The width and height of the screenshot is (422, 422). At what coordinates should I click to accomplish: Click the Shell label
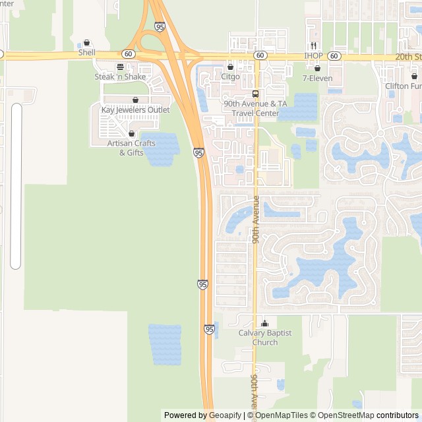pos(86,53)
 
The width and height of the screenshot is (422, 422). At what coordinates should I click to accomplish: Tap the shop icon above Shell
pos(86,43)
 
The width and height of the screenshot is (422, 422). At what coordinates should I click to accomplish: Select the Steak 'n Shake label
pos(120,77)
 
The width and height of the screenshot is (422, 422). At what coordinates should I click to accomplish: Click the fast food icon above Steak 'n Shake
pos(120,67)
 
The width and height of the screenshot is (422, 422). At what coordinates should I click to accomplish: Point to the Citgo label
pos(230,77)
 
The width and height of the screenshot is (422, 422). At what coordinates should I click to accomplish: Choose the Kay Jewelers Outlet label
pos(135,110)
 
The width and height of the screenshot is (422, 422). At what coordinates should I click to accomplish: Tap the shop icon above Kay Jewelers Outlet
pos(135,100)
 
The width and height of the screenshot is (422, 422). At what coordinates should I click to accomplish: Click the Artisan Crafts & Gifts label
pos(131,148)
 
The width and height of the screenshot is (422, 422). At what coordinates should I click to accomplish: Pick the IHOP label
pos(313,56)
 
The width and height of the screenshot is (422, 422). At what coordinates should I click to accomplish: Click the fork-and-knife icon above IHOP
pos(314,46)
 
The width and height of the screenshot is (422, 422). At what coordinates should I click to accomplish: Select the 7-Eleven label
pos(316,78)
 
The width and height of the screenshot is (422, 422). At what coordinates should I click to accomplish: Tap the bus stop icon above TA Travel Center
pos(255,94)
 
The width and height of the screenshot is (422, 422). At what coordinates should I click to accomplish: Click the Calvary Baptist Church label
pos(265,338)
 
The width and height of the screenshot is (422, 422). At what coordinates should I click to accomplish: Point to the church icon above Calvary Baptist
pos(265,324)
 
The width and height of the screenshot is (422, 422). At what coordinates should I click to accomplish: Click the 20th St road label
pos(408,57)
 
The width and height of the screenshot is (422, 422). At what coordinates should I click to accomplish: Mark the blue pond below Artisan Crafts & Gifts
pos(160,149)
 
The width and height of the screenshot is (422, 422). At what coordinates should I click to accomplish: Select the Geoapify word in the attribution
pos(225,415)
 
